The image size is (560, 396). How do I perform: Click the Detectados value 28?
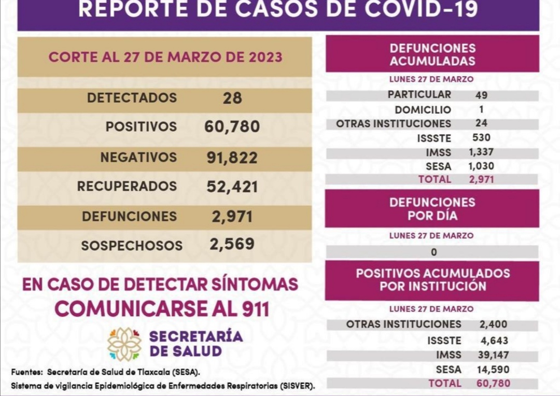[232, 98]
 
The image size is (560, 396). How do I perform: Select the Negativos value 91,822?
[232, 158]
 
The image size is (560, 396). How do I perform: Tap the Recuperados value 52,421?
[232, 187]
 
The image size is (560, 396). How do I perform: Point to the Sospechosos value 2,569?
[232, 244]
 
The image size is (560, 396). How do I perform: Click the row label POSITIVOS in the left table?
[141, 127]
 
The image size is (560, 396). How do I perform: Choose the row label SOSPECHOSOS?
[132, 246]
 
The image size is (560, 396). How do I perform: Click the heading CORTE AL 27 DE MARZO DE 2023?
[165, 57]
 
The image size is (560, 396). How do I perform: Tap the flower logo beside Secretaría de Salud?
[124, 344]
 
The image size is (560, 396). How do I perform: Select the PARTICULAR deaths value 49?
[481, 95]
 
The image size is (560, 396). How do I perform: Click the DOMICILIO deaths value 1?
[481, 109]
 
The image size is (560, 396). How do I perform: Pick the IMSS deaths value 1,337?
[481, 152]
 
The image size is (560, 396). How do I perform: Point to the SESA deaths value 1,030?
[481, 166]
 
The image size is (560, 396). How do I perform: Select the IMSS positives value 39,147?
[493, 355]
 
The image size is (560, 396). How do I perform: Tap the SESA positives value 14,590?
[493, 370]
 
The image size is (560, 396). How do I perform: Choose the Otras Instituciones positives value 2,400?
[493, 324]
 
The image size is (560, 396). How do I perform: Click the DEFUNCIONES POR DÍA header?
[432, 208]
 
